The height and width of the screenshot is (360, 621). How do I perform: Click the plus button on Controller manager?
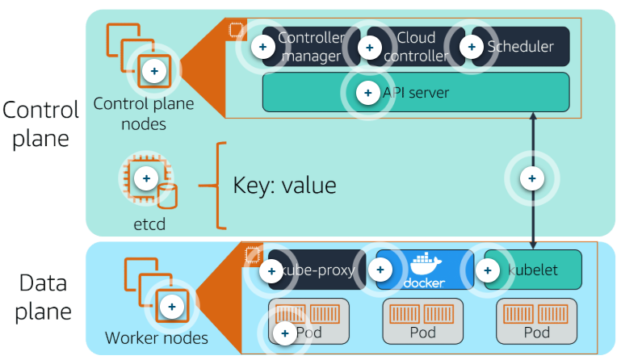(262, 47)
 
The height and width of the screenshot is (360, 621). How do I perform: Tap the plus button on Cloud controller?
(369, 48)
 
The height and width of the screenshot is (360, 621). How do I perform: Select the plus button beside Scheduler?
(471, 47)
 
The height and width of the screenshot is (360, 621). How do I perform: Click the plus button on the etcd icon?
(146, 177)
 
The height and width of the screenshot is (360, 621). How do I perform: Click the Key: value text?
(284, 184)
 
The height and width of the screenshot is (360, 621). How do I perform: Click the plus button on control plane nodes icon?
(153, 71)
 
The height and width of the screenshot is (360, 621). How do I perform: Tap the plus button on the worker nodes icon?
(171, 306)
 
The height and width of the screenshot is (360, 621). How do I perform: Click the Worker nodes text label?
(157, 337)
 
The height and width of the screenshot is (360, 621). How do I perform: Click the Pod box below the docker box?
(423, 321)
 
